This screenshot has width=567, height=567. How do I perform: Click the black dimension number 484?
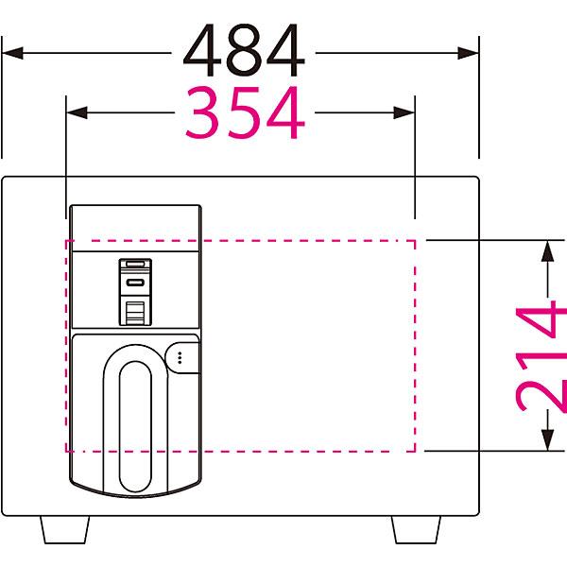tap(244, 50)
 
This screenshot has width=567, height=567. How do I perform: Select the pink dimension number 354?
tap(245, 112)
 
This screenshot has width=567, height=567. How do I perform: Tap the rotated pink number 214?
tap(541, 359)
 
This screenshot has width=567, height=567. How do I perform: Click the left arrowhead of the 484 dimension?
tap(12, 53)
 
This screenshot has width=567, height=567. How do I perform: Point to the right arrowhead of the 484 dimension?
tap(469, 53)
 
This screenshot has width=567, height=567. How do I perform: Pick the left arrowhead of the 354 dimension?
tap(77, 112)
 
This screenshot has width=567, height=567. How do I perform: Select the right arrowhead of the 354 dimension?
tap(404, 112)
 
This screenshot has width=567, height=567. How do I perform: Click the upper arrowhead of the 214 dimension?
tap(548, 251)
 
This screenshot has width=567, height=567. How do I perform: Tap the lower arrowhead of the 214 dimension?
tap(548, 440)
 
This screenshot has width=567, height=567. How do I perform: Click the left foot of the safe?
tap(64, 529)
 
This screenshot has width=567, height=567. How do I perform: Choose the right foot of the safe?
tap(417, 529)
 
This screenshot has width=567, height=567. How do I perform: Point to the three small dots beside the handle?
tap(180, 357)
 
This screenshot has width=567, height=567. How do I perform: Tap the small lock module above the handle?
tap(135, 292)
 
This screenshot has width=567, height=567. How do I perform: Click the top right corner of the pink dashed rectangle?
tap(415, 240)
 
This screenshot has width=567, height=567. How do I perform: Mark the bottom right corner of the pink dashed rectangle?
tap(415, 452)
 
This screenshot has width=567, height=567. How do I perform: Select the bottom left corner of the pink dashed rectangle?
tap(66, 452)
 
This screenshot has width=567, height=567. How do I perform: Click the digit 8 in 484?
tap(244, 50)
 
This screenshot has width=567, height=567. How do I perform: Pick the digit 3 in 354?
tap(202, 112)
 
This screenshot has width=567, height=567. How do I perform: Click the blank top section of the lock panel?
tap(135, 229)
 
